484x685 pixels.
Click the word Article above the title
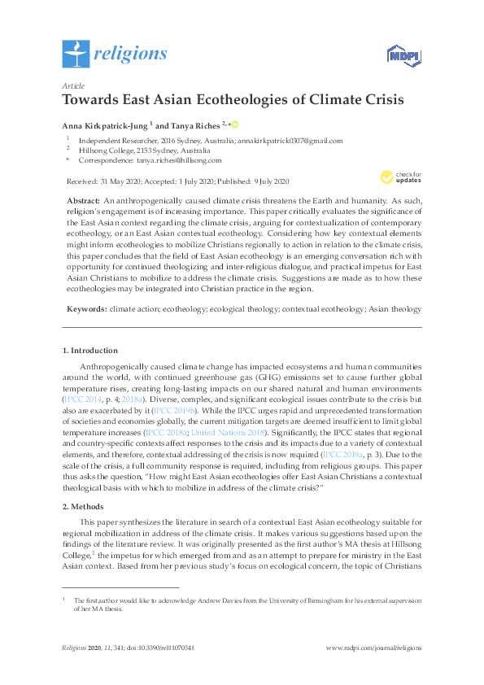point(74,85)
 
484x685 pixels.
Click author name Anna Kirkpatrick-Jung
point(102,125)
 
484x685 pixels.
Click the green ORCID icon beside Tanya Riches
point(235,124)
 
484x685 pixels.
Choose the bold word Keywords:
point(85,309)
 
